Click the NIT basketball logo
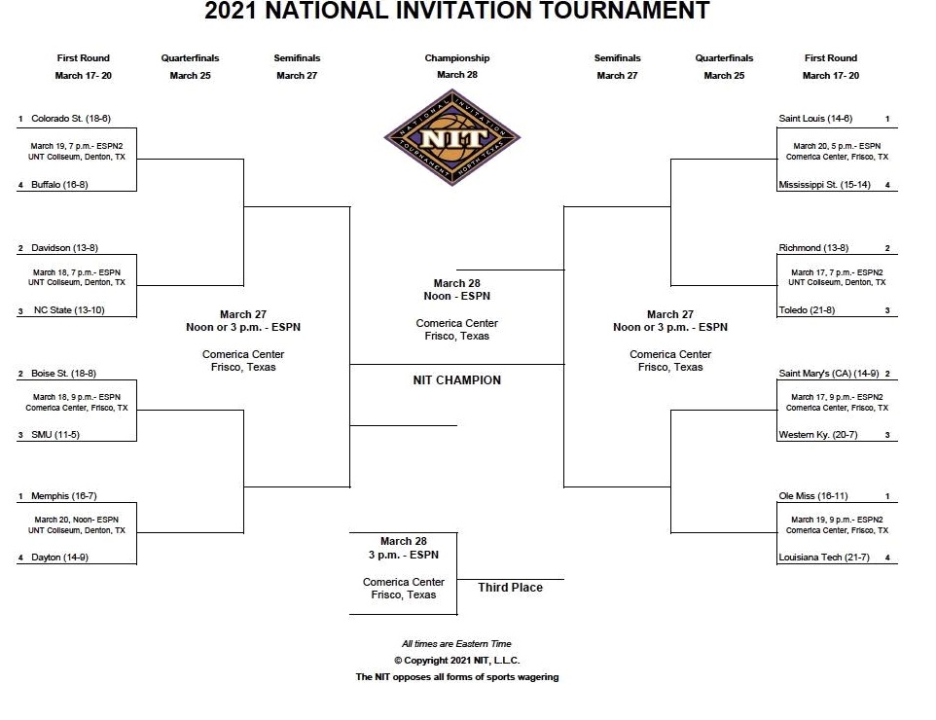click(x=451, y=137)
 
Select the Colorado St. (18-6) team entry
click(x=71, y=118)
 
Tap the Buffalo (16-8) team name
click(x=59, y=185)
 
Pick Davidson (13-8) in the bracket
click(x=64, y=248)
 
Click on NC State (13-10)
click(x=69, y=309)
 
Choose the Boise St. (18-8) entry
click(x=64, y=373)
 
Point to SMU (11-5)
click(x=55, y=435)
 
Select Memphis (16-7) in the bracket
click(x=64, y=496)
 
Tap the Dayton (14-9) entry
click(x=59, y=557)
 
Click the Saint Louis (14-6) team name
click(x=815, y=118)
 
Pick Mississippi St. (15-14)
click(x=824, y=185)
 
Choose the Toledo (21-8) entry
click(x=807, y=309)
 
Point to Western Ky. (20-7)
click(x=818, y=435)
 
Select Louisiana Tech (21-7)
click(x=824, y=557)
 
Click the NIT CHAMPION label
click(x=457, y=380)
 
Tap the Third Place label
click(x=511, y=588)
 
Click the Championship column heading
click(x=457, y=58)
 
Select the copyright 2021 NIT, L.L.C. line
click(x=457, y=661)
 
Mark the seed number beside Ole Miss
click(x=887, y=496)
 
